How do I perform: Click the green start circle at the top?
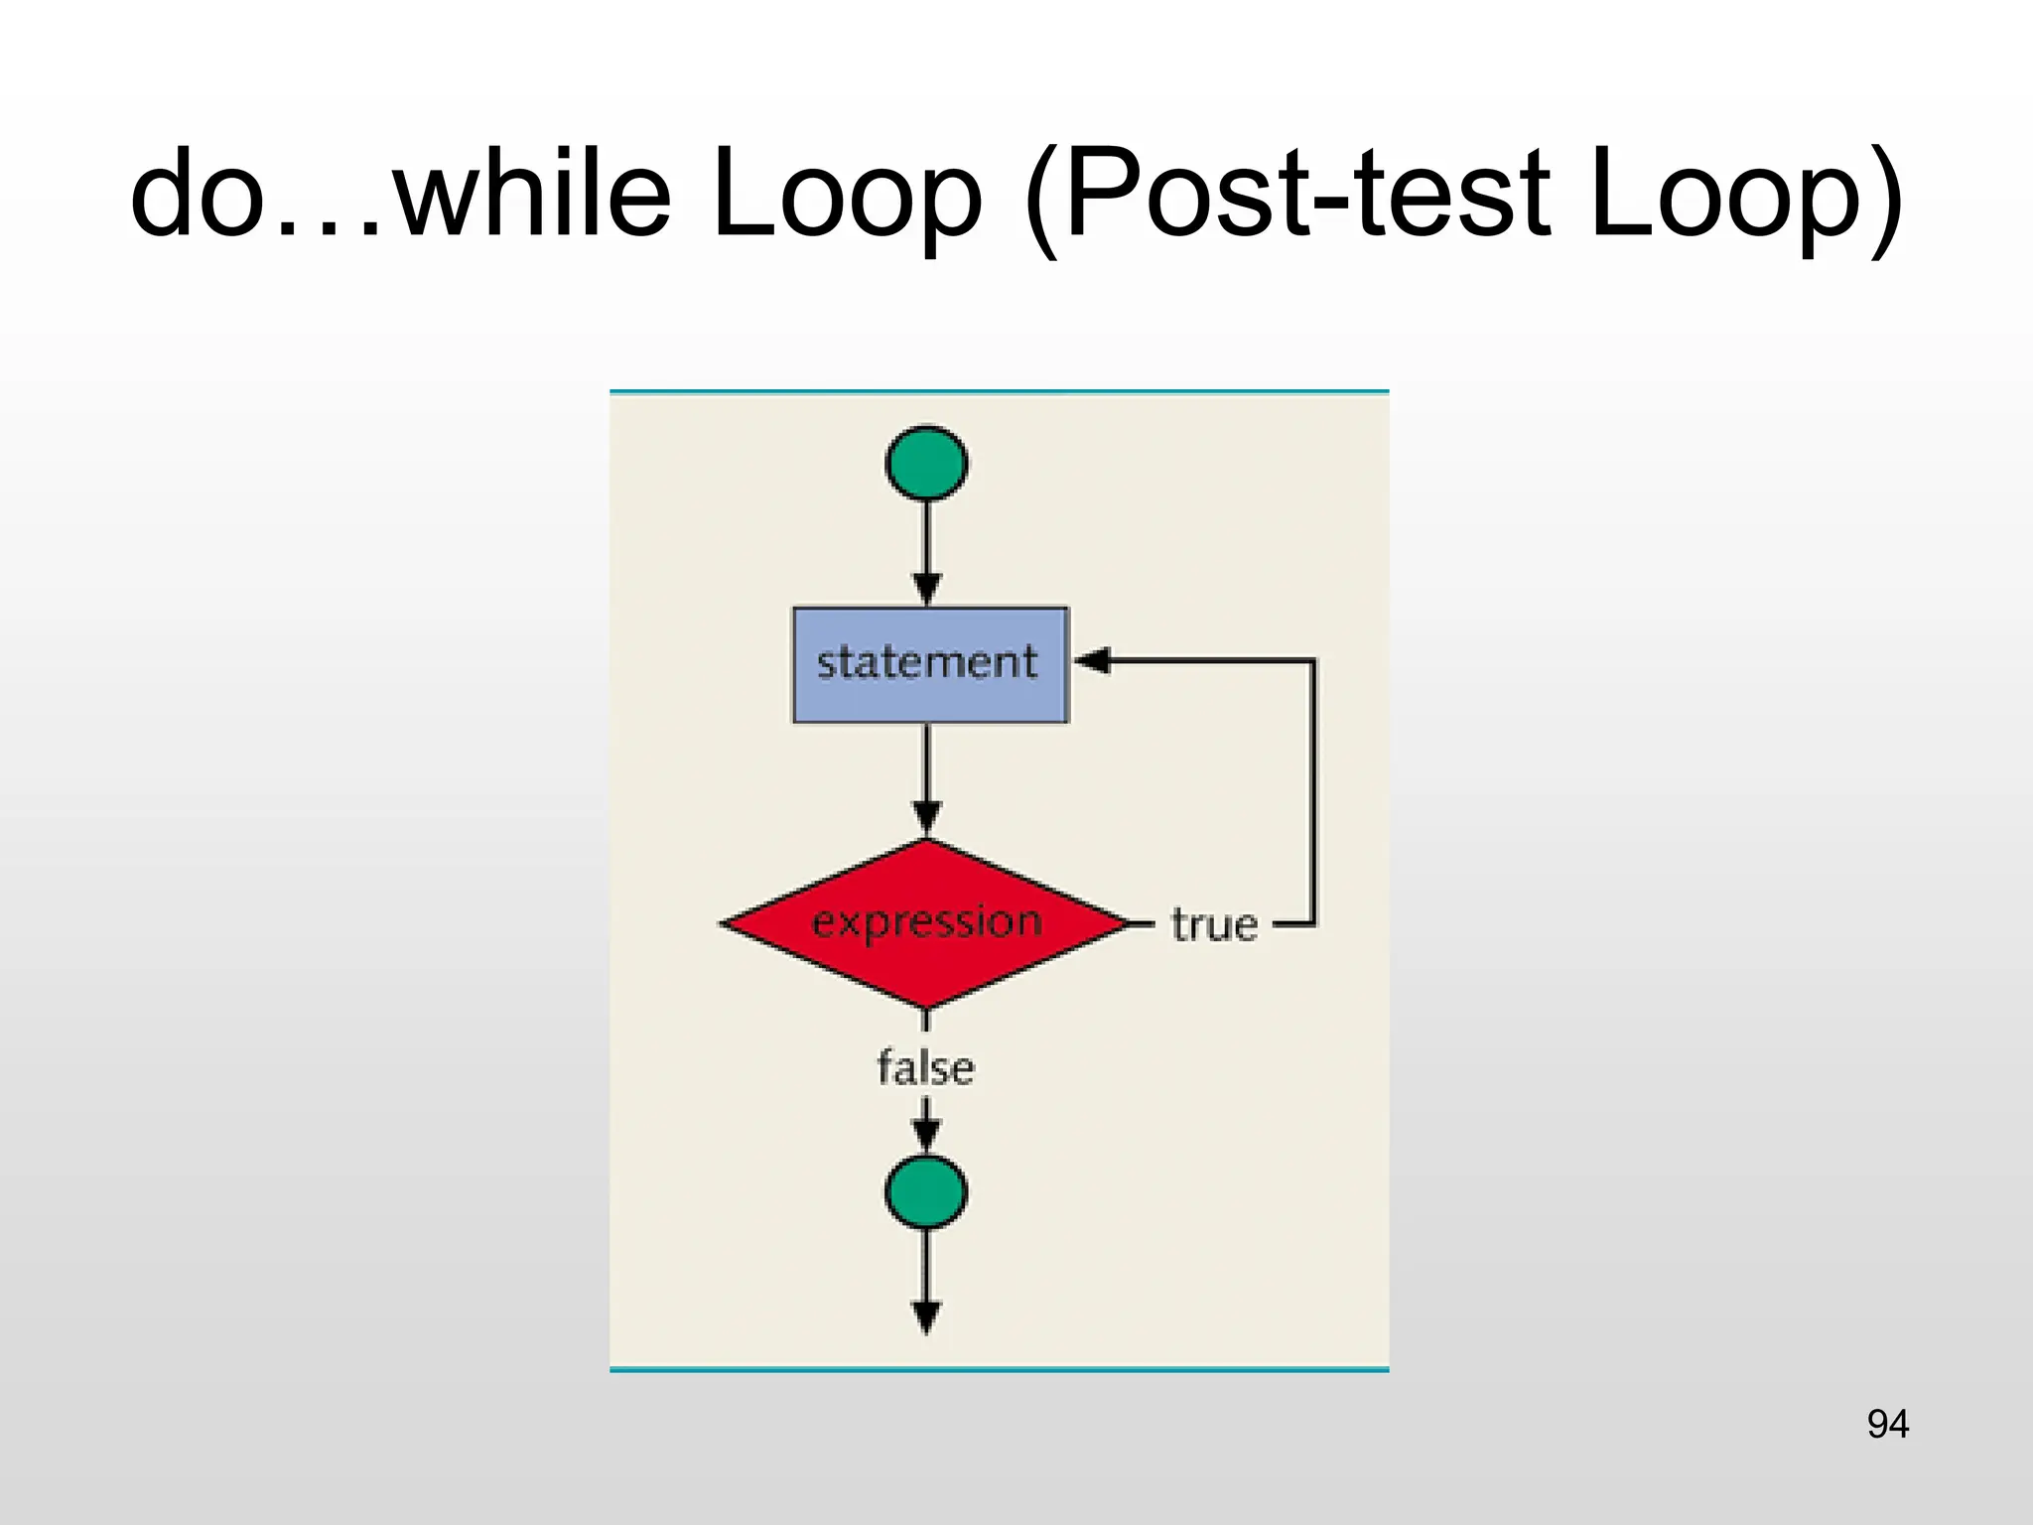tap(926, 464)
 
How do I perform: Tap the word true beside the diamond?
tap(1214, 925)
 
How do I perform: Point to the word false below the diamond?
tap(925, 1068)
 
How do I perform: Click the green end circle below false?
tap(925, 1191)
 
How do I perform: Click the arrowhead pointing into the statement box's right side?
tap(1091, 660)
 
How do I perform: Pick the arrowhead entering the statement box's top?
tap(926, 589)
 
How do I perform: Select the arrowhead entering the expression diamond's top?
tap(926, 820)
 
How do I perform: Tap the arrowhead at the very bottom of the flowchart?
tap(925, 1318)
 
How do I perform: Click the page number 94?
tap(1887, 1425)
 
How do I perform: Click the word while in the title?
tap(532, 194)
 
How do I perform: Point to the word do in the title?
tap(199, 194)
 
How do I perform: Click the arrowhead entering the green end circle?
tap(925, 1136)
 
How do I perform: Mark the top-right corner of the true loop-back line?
tap(1313, 660)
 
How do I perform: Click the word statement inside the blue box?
tap(926, 662)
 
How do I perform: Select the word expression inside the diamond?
tap(926, 922)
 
